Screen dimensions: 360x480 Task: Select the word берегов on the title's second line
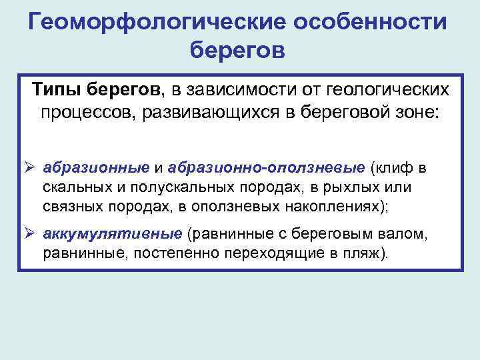pyautogui.click(x=239, y=51)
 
